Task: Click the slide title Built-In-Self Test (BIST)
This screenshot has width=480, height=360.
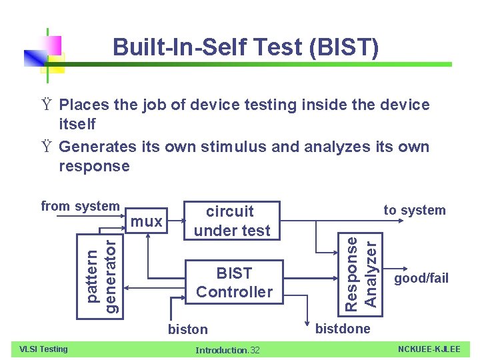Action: pyautogui.click(x=246, y=47)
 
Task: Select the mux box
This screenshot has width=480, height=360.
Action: pyautogui.click(x=147, y=221)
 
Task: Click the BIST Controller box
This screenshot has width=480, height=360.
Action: pyautogui.click(x=234, y=282)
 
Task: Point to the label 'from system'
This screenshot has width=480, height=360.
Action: pyautogui.click(x=80, y=207)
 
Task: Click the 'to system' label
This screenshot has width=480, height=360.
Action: pyautogui.click(x=414, y=210)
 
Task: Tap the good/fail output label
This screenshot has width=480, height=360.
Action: pyautogui.click(x=421, y=278)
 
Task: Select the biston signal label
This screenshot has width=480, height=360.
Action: pyautogui.click(x=187, y=329)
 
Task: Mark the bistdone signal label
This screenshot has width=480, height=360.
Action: pyautogui.click(x=343, y=328)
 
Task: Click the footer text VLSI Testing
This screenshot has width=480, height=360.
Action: pyautogui.click(x=43, y=349)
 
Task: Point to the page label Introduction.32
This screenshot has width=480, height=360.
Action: pyautogui.click(x=227, y=350)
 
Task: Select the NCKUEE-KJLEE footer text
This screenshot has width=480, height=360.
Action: pyautogui.click(x=429, y=349)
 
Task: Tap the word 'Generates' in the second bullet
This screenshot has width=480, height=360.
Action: pyautogui.click(x=97, y=147)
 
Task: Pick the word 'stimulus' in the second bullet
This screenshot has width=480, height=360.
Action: pyautogui.click(x=229, y=147)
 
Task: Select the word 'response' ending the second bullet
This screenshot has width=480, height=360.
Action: pyautogui.click(x=95, y=166)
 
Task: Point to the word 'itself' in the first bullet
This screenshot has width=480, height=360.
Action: pyautogui.click(x=77, y=124)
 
